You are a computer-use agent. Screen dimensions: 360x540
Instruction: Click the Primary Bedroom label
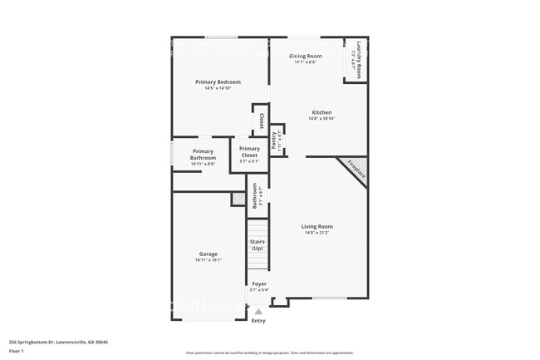pos(218,81)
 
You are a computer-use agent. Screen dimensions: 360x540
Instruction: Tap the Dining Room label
pos(305,56)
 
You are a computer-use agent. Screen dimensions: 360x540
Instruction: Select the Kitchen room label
pos(322,112)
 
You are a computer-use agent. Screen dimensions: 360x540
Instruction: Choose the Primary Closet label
pos(249,152)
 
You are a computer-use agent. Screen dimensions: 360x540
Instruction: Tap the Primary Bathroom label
pos(203,155)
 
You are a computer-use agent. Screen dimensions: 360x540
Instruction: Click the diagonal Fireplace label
pos(356,170)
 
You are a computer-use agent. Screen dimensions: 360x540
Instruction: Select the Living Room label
pos(317,226)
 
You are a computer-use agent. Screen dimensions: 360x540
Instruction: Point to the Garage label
pos(208,254)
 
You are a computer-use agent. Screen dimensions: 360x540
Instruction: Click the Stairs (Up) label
pos(257,245)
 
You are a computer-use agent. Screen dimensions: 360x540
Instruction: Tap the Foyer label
pos(259,284)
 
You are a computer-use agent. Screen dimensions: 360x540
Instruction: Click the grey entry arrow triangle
pos(258,312)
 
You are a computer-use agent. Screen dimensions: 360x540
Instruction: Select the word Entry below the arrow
pos(258,321)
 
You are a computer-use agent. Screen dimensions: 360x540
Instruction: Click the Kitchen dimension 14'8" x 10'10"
pos(322,119)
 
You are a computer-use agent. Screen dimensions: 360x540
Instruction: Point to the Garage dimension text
pos(208,260)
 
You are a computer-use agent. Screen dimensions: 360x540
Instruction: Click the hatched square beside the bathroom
pos(238,199)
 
